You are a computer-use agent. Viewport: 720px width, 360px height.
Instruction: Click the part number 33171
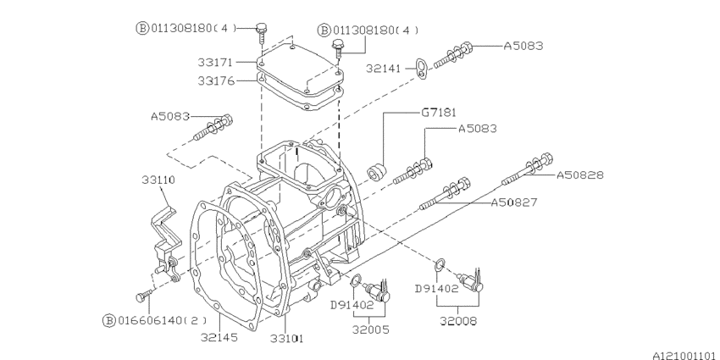tap(217, 64)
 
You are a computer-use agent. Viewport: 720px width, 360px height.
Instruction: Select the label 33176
tap(217, 81)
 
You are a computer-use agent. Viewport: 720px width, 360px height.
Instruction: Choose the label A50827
tap(518, 202)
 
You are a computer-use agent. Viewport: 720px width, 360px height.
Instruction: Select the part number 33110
tap(158, 180)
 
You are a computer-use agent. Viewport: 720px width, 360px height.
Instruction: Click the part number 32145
tap(219, 337)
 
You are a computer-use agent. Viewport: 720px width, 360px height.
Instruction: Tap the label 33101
tap(286, 337)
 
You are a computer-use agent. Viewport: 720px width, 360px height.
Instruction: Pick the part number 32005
tap(369, 321)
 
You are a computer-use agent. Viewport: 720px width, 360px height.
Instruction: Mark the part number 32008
tap(457, 321)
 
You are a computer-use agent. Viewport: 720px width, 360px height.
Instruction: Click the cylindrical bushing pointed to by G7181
tap(375, 174)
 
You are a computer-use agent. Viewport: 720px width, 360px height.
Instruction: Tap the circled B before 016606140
tap(108, 320)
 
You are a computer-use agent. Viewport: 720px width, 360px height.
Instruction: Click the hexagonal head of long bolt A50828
tap(546, 159)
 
